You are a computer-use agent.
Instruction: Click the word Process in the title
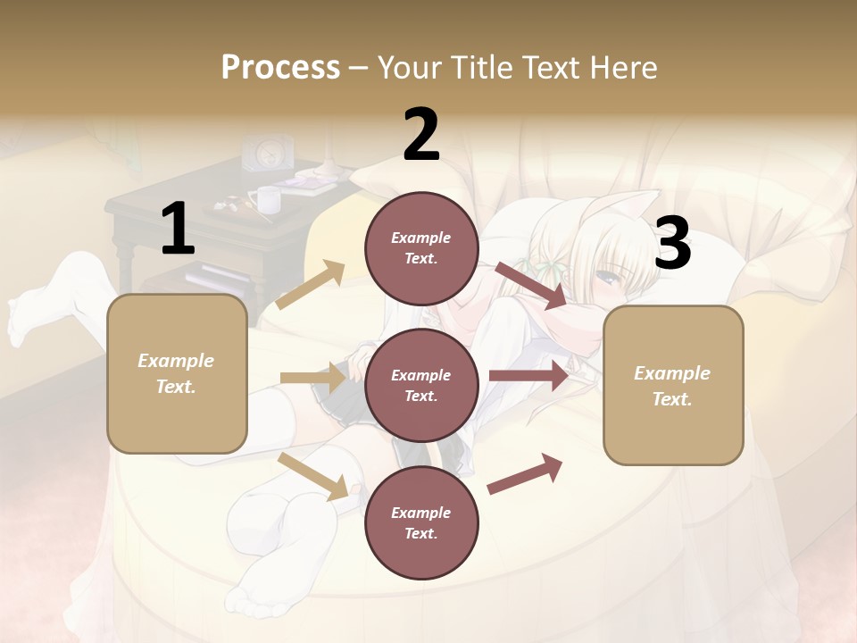click(280, 67)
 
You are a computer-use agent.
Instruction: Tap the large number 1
click(178, 229)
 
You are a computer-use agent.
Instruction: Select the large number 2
click(421, 135)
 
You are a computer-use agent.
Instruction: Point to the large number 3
click(672, 244)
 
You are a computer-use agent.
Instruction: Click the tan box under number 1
click(177, 373)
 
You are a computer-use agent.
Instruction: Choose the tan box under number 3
click(673, 385)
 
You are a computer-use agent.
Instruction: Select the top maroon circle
click(421, 247)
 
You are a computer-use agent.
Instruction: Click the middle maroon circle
click(421, 385)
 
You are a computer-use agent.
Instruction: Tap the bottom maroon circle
click(421, 522)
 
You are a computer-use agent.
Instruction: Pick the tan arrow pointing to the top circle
click(311, 285)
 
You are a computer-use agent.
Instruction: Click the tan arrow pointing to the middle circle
click(312, 378)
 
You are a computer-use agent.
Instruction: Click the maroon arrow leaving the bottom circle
click(525, 474)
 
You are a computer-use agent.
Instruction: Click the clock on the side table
click(270, 153)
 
